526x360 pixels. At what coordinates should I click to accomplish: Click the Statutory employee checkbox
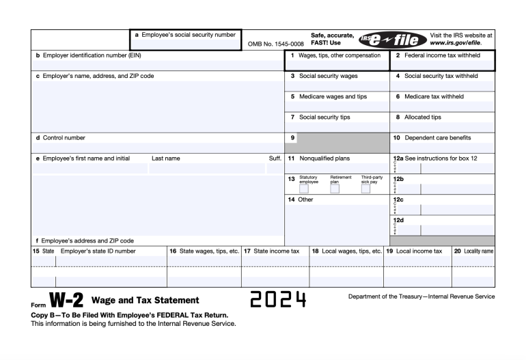[x=303, y=189]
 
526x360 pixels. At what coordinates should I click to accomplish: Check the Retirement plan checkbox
[x=335, y=189]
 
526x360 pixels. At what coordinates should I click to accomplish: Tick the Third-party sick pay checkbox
[x=365, y=189]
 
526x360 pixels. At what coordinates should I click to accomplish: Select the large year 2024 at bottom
[x=277, y=300]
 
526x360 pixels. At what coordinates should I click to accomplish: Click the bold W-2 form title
[x=66, y=301]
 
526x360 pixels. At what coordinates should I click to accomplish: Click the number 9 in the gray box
[x=292, y=137]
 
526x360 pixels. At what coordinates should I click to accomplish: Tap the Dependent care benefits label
[x=441, y=137]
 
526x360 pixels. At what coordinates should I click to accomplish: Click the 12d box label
[x=398, y=220]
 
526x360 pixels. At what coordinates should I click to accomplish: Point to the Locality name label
[x=477, y=251]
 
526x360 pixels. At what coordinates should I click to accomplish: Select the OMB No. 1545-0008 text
[x=276, y=44]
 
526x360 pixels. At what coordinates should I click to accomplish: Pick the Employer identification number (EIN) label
[x=88, y=55]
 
